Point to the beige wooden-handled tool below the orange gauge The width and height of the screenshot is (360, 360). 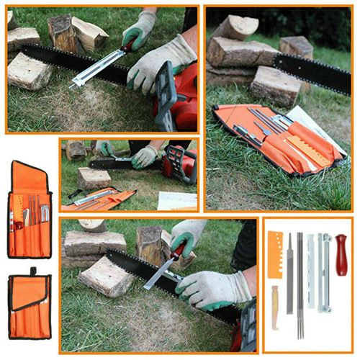(x=275, y=306)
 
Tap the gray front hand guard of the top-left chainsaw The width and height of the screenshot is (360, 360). (x=165, y=90)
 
